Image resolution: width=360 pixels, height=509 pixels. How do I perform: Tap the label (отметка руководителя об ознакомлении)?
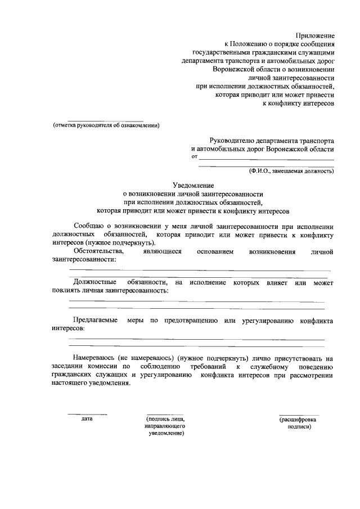click(107, 125)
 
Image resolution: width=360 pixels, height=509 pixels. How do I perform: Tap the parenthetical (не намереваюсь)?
click(144, 358)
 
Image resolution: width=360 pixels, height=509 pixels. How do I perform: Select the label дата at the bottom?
click(87, 418)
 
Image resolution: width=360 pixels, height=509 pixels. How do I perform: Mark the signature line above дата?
click(87, 414)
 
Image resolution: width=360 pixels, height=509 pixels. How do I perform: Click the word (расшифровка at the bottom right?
click(298, 419)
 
